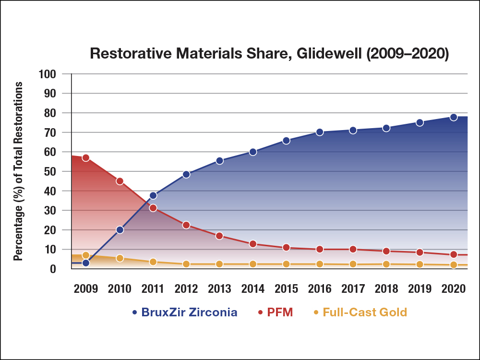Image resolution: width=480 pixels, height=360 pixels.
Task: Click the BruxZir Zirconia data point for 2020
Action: click(x=454, y=117)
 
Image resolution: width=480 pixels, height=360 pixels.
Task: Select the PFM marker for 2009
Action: click(x=86, y=157)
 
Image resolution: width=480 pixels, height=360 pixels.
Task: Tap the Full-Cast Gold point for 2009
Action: click(x=86, y=255)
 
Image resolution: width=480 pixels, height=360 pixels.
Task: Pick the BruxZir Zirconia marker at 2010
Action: click(x=120, y=230)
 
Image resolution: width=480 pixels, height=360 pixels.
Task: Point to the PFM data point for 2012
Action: click(x=186, y=225)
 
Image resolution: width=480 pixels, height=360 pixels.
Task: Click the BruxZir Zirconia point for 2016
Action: click(x=320, y=132)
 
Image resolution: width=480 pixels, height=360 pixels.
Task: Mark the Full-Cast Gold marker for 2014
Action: click(x=253, y=264)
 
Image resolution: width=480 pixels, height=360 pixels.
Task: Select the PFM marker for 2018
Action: click(x=386, y=251)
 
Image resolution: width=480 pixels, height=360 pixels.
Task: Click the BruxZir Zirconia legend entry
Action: click(x=184, y=312)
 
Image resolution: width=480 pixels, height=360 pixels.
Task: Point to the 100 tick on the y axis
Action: click(x=48, y=74)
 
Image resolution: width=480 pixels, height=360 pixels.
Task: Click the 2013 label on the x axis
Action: click(x=219, y=288)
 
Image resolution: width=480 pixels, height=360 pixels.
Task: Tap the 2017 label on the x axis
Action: click(x=353, y=288)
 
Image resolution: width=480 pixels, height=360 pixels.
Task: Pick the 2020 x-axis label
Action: click(x=454, y=288)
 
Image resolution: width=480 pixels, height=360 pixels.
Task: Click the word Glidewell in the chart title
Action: click(x=320, y=54)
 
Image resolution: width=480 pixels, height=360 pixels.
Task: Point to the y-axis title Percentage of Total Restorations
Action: click(x=18, y=171)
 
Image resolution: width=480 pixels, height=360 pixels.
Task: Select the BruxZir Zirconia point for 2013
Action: click(x=219, y=161)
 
